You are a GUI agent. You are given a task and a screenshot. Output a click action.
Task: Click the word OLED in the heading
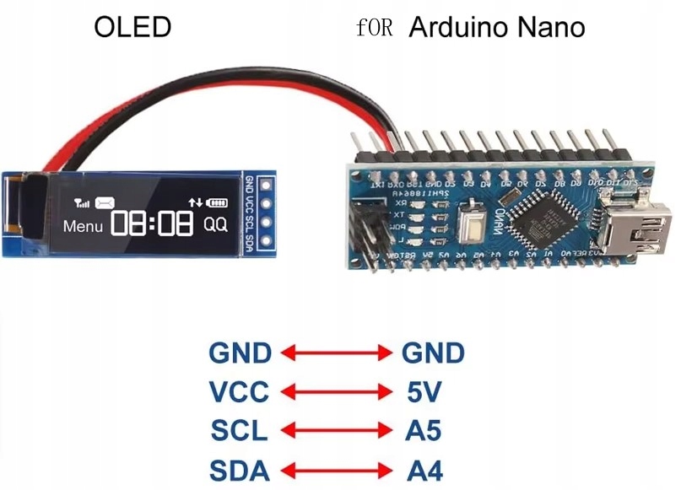coord(132,27)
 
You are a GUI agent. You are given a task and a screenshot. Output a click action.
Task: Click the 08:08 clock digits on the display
coord(151,224)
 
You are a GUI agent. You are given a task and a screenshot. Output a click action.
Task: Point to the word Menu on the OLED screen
coord(83,226)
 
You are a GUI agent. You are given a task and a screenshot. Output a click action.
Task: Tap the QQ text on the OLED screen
coord(215,225)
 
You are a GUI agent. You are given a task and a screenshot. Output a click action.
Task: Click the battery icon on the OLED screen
coord(218,202)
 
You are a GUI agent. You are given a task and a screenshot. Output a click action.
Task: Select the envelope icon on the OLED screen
coord(105,202)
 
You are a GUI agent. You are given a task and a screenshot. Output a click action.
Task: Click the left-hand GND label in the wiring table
coord(241,353)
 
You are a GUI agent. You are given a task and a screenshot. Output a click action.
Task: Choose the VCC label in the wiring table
coord(241,391)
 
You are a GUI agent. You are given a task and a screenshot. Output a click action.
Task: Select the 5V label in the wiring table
coord(423,391)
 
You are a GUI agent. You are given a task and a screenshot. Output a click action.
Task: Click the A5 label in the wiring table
coord(423,430)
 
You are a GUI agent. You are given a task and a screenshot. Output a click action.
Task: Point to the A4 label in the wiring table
coord(423,469)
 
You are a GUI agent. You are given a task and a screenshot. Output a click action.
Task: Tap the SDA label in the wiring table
coord(241,469)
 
